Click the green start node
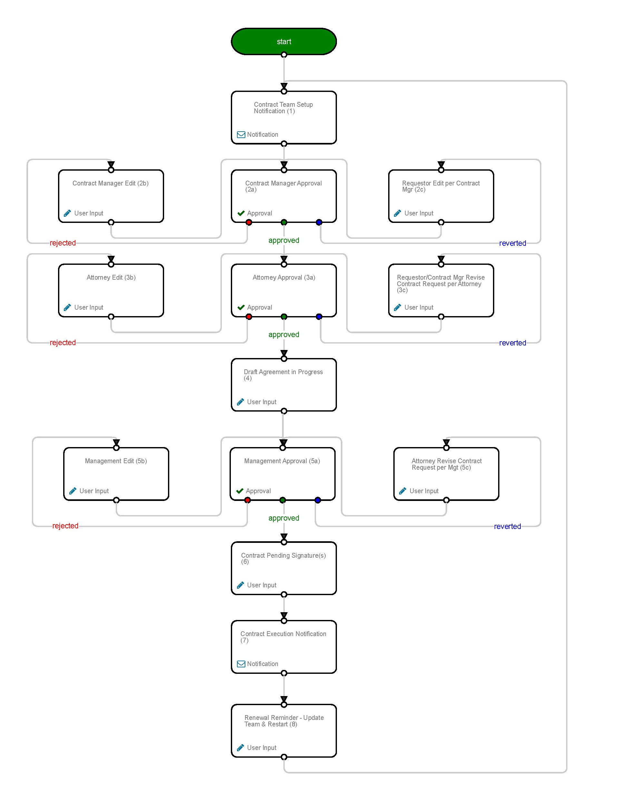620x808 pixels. (x=283, y=41)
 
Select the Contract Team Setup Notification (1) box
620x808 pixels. (x=283, y=117)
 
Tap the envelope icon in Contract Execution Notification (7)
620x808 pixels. (x=241, y=664)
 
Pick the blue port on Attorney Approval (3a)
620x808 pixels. (x=319, y=317)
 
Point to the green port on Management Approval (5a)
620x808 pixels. (x=282, y=500)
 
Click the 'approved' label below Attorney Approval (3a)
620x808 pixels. (x=283, y=334)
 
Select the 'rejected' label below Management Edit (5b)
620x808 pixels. (x=65, y=526)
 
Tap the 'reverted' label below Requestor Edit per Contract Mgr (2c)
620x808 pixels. (x=512, y=243)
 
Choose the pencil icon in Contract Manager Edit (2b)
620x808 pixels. (x=67, y=213)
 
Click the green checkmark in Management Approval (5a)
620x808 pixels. (x=240, y=491)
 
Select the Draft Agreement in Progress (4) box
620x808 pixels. (x=283, y=384)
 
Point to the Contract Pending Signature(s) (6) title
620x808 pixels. (x=283, y=558)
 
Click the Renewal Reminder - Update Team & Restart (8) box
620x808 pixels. (x=283, y=731)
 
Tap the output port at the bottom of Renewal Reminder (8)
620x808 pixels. (x=284, y=757)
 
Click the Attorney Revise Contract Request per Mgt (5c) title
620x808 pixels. (x=447, y=464)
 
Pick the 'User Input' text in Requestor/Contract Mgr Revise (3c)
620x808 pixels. (x=419, y=307)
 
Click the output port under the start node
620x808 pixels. (x=284, y=55)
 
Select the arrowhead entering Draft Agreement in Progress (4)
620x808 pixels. (x=284, y=354)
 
